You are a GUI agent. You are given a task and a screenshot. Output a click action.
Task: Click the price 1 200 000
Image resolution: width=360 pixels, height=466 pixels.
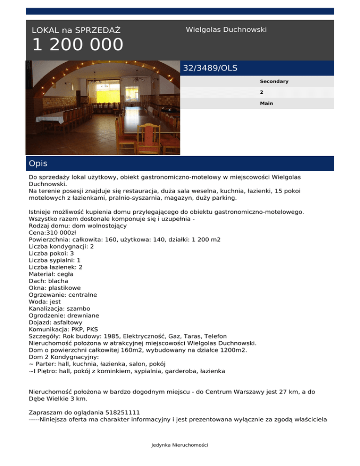pos(77,45)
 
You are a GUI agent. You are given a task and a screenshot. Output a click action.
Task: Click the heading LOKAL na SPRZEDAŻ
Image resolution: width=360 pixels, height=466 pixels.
pos(76,30)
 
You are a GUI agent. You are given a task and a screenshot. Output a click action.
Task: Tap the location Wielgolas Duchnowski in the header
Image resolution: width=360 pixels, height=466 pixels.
pos(226,30)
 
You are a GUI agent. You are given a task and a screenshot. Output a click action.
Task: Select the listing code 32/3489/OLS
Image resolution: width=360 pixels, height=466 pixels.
pos(210,68)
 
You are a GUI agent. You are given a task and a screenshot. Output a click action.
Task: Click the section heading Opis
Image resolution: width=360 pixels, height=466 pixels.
pos(38,164)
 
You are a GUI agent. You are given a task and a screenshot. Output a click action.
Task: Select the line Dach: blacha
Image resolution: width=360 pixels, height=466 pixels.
pos(48,281)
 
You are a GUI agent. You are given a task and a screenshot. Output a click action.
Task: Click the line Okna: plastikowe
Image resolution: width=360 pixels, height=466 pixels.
pos(55,288)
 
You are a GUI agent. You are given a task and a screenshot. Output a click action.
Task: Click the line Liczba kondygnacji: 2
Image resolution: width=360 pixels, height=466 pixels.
pos(61,246)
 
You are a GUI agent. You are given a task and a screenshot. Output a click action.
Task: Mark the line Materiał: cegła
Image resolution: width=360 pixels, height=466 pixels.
pos(51,274)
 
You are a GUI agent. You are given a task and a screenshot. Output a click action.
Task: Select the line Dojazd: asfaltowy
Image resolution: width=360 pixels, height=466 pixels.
pos(56,323)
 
